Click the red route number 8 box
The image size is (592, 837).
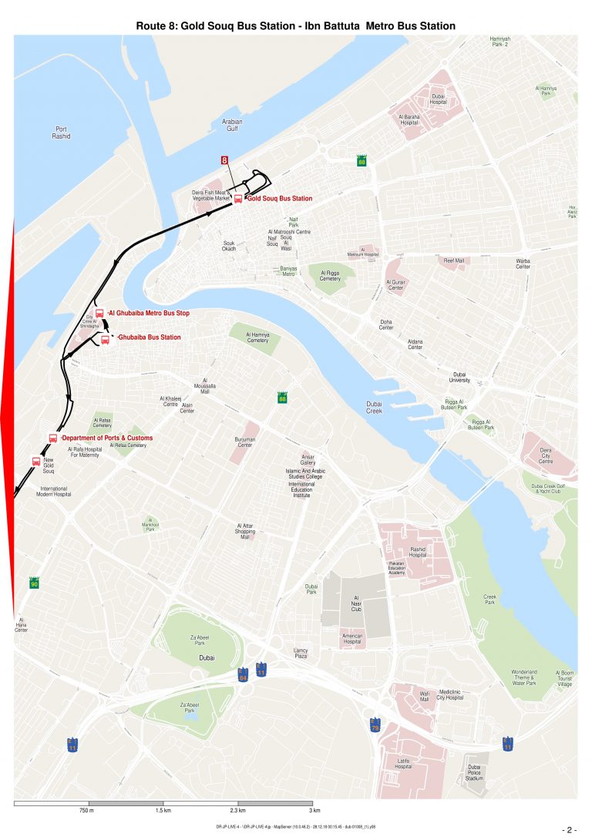[224, 160]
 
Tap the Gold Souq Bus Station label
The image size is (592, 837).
[279, 199]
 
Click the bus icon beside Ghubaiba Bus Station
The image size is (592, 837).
[106, 340]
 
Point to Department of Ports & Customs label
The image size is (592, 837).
[107, 438]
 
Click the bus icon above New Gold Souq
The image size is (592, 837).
[36, 461]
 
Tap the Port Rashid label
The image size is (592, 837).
[62, 133]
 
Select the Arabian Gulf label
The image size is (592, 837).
[232, 126]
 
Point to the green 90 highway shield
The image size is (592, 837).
[34, 583]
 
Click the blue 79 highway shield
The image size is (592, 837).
[375, 725]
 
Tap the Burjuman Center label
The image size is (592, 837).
[245, 442]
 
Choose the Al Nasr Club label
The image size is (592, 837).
[356, 603]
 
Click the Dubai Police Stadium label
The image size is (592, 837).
[474, 772]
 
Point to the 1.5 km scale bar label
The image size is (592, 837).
[163, 812]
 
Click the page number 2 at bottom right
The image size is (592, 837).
[570, 830]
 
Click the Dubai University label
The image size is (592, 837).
[459, 377]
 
